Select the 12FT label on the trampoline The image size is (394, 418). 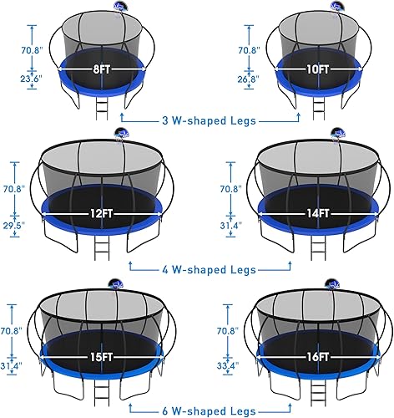[x=101, y=212]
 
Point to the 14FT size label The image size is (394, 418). [x=305, y=212]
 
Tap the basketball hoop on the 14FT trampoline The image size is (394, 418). [x=338, y=134]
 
